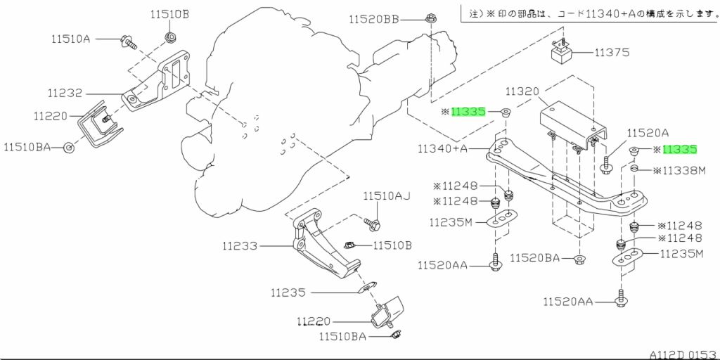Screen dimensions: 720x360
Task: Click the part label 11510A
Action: point(71,39)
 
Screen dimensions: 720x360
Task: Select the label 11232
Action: point(65,94)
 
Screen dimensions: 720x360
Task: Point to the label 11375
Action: point(612,53)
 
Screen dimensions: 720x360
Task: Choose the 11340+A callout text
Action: point(443,149)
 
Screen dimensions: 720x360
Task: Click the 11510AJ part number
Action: point(387,197)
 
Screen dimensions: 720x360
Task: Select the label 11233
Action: point(240,247)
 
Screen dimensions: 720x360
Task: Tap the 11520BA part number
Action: point(535,258)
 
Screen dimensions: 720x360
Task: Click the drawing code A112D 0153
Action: point(683,355)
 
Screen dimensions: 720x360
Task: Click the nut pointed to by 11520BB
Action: point(431,19)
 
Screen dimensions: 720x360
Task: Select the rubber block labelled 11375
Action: point(562,53)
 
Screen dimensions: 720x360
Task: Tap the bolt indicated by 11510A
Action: point(128,42)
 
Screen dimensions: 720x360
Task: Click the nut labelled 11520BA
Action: point(579,259)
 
